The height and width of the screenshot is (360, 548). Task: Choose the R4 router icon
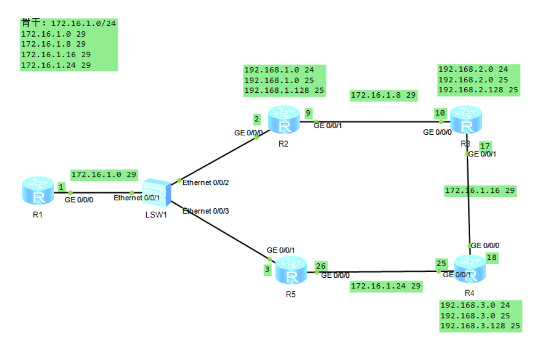click(469, 269)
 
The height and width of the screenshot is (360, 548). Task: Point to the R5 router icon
click(291, 270)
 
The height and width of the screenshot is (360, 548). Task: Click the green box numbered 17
click(485, 145)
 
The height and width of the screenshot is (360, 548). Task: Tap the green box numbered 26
click(321, 266)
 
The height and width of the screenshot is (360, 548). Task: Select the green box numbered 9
click(309, 112)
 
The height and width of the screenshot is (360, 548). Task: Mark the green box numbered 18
click(491, 257)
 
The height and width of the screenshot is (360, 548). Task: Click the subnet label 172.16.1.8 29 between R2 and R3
click(384, 95)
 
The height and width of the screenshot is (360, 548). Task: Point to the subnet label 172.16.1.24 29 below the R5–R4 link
click(386, 286)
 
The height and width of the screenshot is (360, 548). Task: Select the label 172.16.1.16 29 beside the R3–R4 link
click(480, 191)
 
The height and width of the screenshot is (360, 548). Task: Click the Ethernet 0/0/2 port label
click(206, 183)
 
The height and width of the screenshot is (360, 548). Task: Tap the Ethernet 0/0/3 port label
click(206, 211)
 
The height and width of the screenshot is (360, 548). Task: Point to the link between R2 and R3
click(379, 121)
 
